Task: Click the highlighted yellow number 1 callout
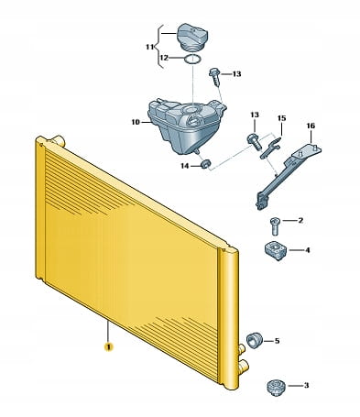(109, 346)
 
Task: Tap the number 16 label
(311, 126)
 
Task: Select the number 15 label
(281, 118)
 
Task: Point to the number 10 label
(136, 122)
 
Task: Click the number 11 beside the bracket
(150, 47)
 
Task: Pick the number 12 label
(164, 58)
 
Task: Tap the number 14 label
(184, 166)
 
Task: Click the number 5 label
(277, 341)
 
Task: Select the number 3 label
(306, 386)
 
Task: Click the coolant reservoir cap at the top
(192, 37)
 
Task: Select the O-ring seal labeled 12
(192, 60)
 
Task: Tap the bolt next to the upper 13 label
(214, 76)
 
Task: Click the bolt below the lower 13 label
(254, 142)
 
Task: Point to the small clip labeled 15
(270, 148)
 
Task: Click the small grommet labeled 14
(205, 164)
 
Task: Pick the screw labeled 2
(275, 225)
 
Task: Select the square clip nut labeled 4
(276, 250)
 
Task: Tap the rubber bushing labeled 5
(255, 341)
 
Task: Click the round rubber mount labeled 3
(276, 387)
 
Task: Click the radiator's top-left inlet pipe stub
(58, 140)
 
